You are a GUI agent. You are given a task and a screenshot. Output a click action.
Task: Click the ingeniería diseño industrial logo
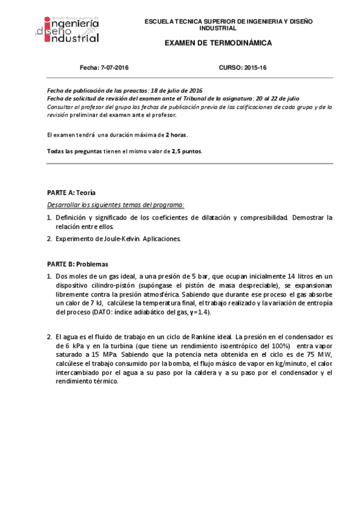pos(67,29)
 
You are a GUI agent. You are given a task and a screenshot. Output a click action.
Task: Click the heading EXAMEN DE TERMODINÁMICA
pos(218,43)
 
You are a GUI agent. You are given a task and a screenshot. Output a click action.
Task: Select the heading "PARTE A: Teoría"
pos(71,192)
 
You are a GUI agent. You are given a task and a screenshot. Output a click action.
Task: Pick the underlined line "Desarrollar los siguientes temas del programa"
pos(115,204)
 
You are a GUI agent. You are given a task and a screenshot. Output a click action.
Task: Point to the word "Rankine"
pos(209,337)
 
